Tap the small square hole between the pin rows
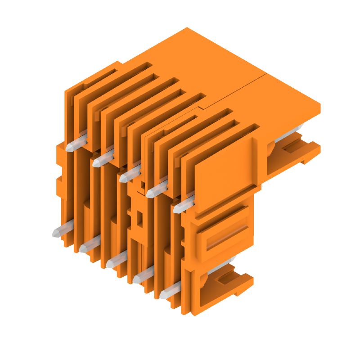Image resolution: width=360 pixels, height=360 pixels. [139, 219]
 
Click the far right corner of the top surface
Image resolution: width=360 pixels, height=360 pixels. [319, 106]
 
